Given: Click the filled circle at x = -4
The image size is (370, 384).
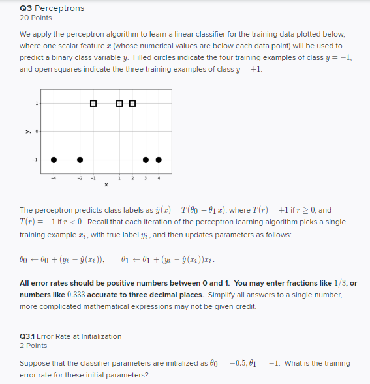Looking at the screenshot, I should (54, 160).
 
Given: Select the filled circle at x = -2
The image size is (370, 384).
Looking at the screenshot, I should (80, 160).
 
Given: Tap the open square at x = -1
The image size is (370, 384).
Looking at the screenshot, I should (93, 104).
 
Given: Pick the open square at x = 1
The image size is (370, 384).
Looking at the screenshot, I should (119, 104).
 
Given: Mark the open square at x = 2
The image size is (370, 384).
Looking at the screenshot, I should (132, 104).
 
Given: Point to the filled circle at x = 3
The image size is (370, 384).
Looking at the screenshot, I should (146, 160).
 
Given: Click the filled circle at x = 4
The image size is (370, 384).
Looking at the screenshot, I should (159, 160).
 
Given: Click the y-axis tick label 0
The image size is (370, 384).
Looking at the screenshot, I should (37, 132).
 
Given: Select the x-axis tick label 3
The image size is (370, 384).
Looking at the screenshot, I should (146, 177).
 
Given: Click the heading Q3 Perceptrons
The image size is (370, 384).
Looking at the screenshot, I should (52, 8).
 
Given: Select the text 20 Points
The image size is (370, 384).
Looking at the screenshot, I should (36, 18).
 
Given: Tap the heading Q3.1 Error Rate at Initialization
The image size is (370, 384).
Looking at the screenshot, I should (70, 336).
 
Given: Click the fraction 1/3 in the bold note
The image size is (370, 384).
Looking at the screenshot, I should (339, 283).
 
